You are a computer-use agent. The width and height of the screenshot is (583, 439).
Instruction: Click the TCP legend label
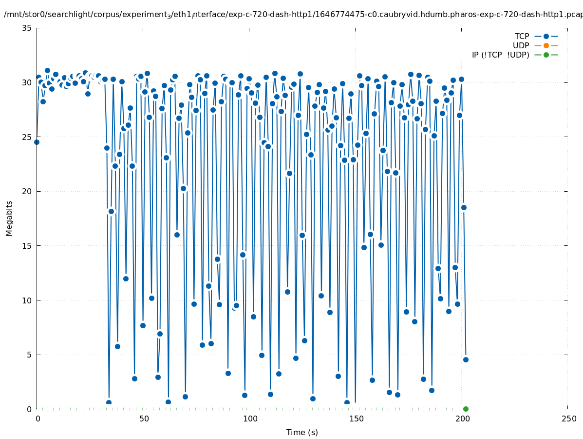click(x=522, y=37)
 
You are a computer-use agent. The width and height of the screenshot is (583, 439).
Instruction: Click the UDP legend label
click(x=521, y=46)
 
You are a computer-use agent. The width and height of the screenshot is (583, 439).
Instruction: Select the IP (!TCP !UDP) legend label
click(x=500, y=55)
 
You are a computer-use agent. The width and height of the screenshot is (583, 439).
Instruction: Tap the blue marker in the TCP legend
click(x=546, y=37)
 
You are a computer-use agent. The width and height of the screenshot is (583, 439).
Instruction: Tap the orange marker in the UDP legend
click(x=546, y=46)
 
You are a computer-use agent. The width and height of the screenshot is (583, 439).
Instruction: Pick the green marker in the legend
click(x=546, y=55)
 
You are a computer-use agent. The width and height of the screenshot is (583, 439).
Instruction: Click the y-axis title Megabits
click(x=9, y=218)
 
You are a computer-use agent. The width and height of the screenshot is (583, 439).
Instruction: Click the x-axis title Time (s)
click(x=302, y=433)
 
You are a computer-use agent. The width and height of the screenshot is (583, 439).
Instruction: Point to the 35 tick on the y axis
click(x=27, y=28)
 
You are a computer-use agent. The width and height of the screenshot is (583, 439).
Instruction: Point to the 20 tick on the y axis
click(x=27, y=191)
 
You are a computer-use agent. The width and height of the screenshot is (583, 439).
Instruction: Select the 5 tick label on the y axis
click(x=29, y=355)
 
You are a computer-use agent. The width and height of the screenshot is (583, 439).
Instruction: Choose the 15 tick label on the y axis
click(x=27, y=246)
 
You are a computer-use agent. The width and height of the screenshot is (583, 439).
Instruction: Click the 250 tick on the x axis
click(x=568, y=419)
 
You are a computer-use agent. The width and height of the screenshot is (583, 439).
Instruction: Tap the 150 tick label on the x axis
click(x=356, y=419)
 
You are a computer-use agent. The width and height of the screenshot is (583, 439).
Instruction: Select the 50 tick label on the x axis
click(x=143, y=419)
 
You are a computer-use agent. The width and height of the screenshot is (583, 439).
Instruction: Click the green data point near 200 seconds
click(x=466, y=409)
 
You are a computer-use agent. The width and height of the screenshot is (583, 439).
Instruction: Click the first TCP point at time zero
click(x=37, y=142)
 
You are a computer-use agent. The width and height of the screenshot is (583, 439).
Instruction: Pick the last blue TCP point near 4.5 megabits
click(x=466, y=359)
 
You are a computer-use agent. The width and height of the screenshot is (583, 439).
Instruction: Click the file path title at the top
click(x=292, y=15)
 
